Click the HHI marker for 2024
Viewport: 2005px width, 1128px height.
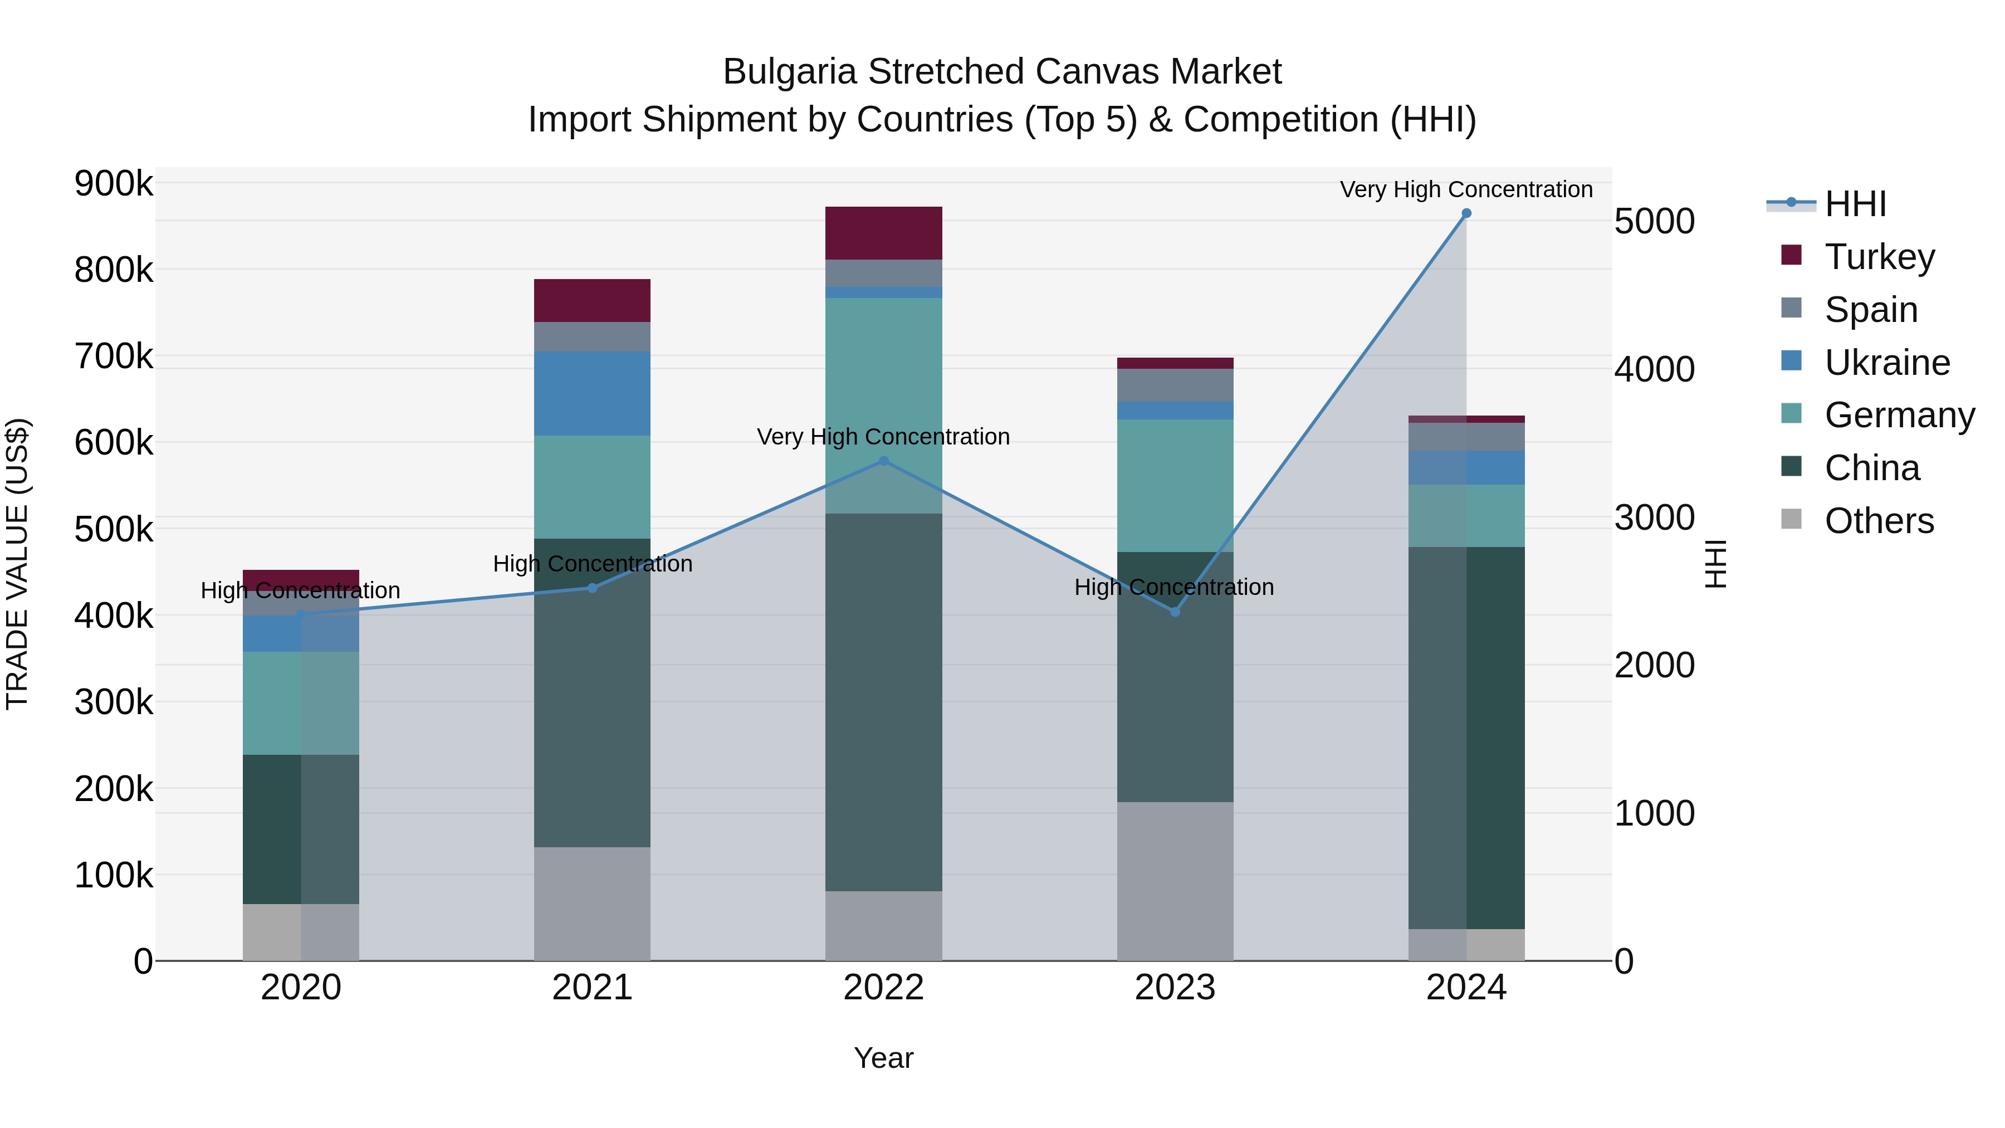pyautogui.click(x=1466, y=213)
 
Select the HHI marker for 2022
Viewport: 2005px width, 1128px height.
pyautogui.click(x=883, y=461)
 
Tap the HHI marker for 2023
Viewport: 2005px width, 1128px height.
pyautogui.click(x=1175, y=612)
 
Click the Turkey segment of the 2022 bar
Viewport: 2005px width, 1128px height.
pyautogui.click(x=883, y=233)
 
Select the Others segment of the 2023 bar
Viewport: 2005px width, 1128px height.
pyautogui.click(x=1175, y=881)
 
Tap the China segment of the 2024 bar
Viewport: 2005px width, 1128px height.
pyautogui.click(x=1466, y=738)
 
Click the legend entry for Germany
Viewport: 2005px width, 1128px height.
pyautogui.click(x=1899, y=415)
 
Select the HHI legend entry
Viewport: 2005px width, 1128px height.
pyautogui.click(x=1855, y=204)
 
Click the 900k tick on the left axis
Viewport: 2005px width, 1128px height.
pyautogui.click(x=114, y=184)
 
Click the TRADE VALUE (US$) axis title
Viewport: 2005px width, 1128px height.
pyautogui.click(x=17, y=564)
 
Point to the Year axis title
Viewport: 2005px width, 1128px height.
pyautogui.click(x=883, y=1058)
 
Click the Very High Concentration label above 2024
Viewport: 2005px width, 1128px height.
pyautogui.click(x=1466, y=189)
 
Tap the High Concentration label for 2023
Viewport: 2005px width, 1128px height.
pyautogui.click(x=1173, y=587)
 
